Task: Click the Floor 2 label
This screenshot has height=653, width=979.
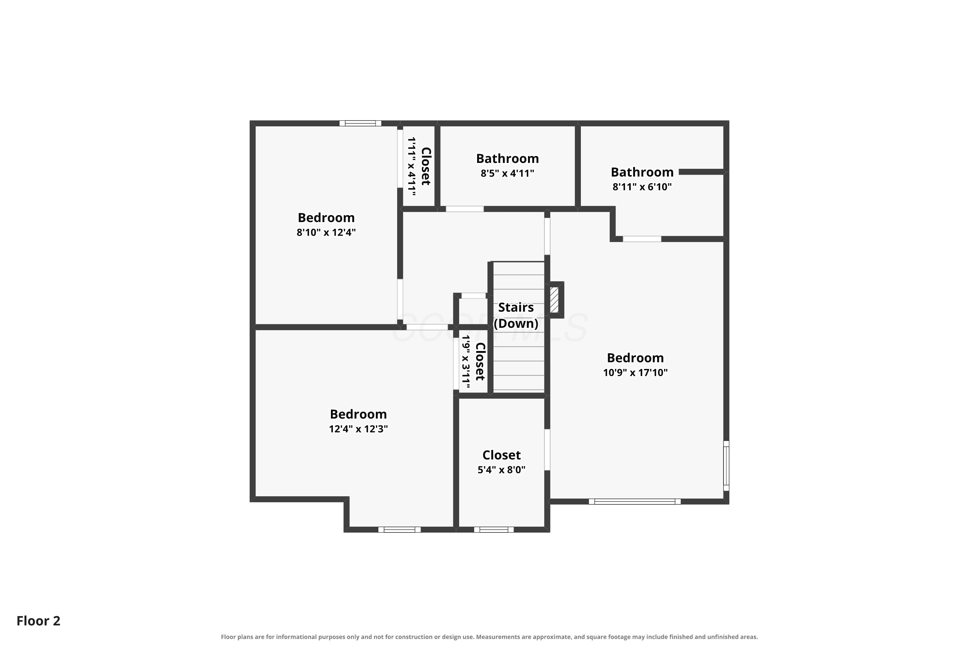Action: click(x=38, y=621)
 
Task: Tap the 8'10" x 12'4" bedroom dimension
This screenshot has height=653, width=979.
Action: click(x=326, y=232)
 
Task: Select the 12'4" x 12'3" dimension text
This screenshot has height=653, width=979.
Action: click(x=358, y=429)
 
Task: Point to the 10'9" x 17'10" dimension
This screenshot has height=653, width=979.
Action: click(x=635, y=372)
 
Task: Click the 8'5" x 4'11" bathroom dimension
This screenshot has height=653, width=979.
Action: click(x=507, y=173)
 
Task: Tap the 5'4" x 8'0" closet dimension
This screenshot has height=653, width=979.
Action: click(x=502, y=470)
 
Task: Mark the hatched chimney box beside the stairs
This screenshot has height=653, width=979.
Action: click(x=554, y=300)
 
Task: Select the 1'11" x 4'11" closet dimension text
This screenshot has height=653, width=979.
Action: click(x=412, y=167)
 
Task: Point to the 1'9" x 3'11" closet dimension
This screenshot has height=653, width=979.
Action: click(x=466, y=362)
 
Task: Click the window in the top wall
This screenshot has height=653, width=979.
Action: click(x=361, y=123)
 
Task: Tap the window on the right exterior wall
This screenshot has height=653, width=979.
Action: click(x=726, y=466)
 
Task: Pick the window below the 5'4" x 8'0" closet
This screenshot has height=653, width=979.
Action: click(x=494, y=530)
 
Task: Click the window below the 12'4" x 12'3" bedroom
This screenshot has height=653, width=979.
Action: click(x=399, y=530)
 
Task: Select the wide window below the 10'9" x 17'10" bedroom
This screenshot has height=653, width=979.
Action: click(x=635, y=502)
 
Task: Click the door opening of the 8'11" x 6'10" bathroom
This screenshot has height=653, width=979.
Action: click(x=642, y=239)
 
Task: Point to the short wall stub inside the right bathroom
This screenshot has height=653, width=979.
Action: click(x=702, y=172)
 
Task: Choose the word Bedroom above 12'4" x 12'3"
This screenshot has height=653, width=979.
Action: click(x=358, y=414)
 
